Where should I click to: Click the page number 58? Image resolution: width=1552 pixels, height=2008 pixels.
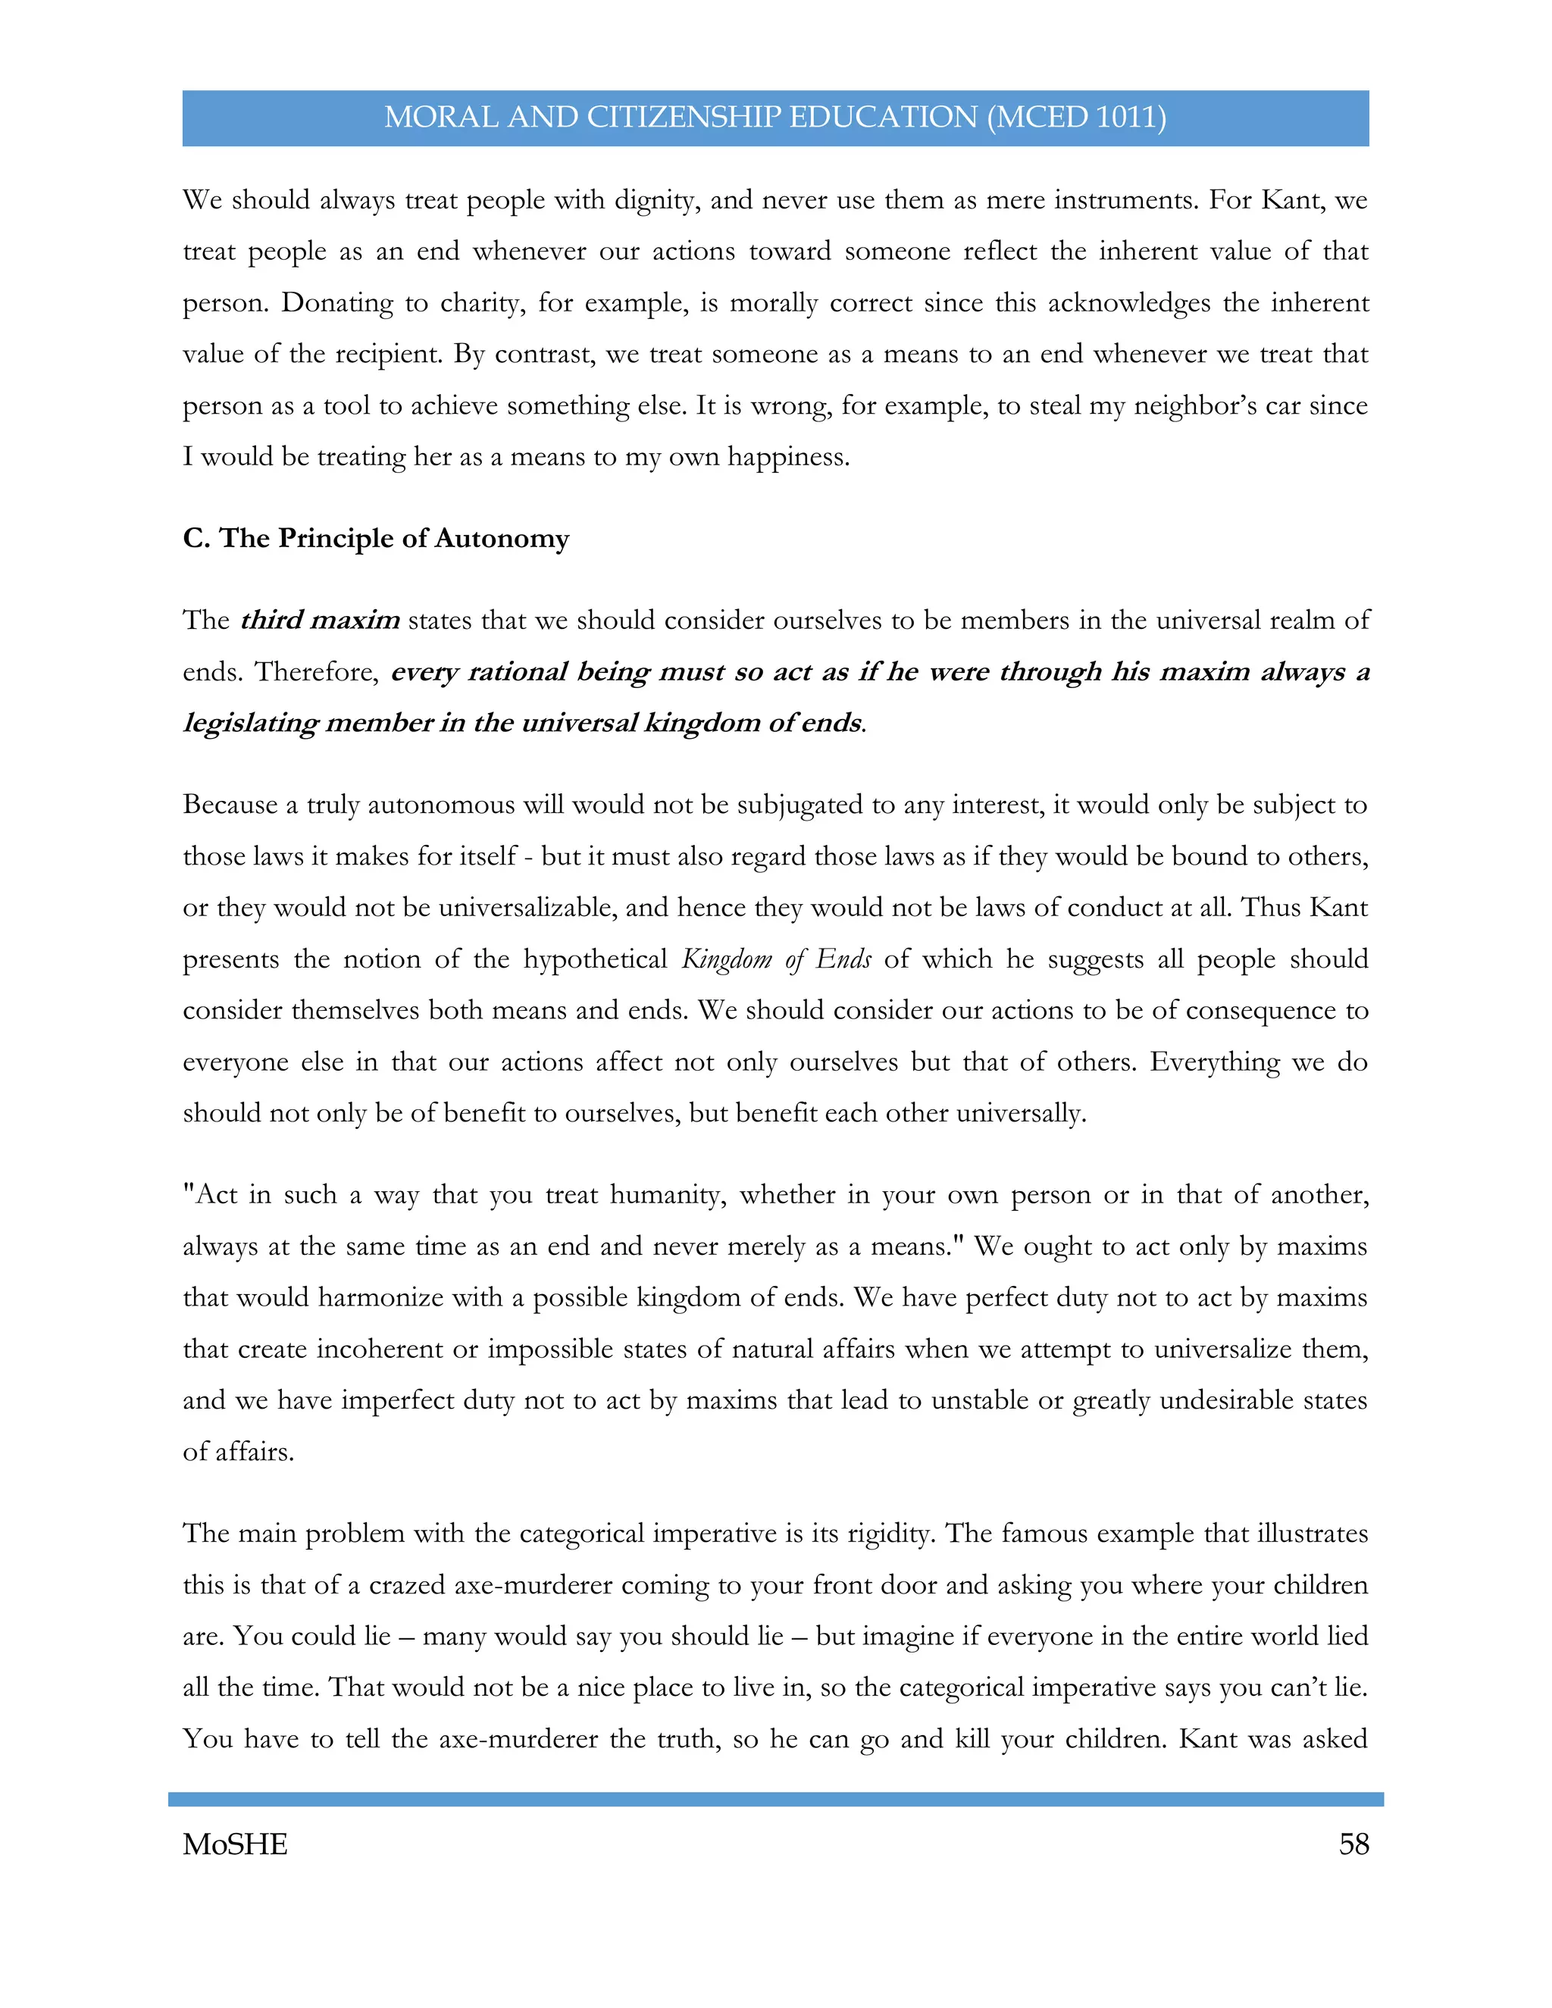coord(1353,1844)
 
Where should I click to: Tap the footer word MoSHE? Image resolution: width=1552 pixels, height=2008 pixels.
coord(236,1844)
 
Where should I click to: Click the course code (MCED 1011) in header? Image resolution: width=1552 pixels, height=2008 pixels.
coord(1077,117)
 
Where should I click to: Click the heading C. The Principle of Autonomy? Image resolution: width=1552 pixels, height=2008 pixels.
coord(376,538)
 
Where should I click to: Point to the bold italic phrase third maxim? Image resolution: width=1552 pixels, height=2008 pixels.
coord(320,620)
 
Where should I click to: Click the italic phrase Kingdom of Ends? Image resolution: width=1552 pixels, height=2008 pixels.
coord(776,959)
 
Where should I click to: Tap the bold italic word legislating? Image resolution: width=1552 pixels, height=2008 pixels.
coord(250,723)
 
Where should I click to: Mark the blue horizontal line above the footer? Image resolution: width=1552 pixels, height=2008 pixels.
coord(775,1798)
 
